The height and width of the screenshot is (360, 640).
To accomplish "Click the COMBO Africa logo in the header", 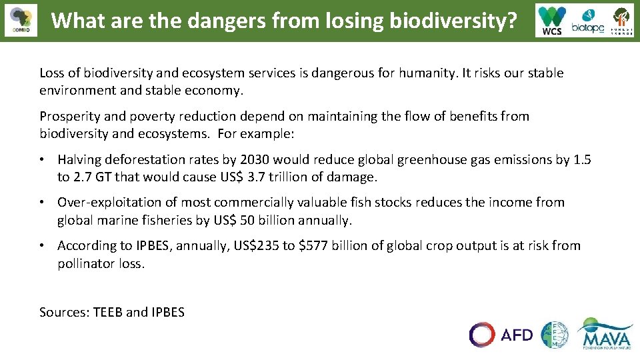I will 20,21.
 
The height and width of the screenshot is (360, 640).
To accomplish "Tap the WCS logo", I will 552,21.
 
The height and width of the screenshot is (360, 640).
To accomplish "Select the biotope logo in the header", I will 587,21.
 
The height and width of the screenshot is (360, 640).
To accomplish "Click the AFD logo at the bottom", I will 501,335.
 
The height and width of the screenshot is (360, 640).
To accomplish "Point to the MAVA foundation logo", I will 605,333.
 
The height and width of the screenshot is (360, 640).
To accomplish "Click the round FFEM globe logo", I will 555,335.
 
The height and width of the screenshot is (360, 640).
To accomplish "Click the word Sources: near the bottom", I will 64,312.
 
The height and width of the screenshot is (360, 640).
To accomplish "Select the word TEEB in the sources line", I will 108,312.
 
